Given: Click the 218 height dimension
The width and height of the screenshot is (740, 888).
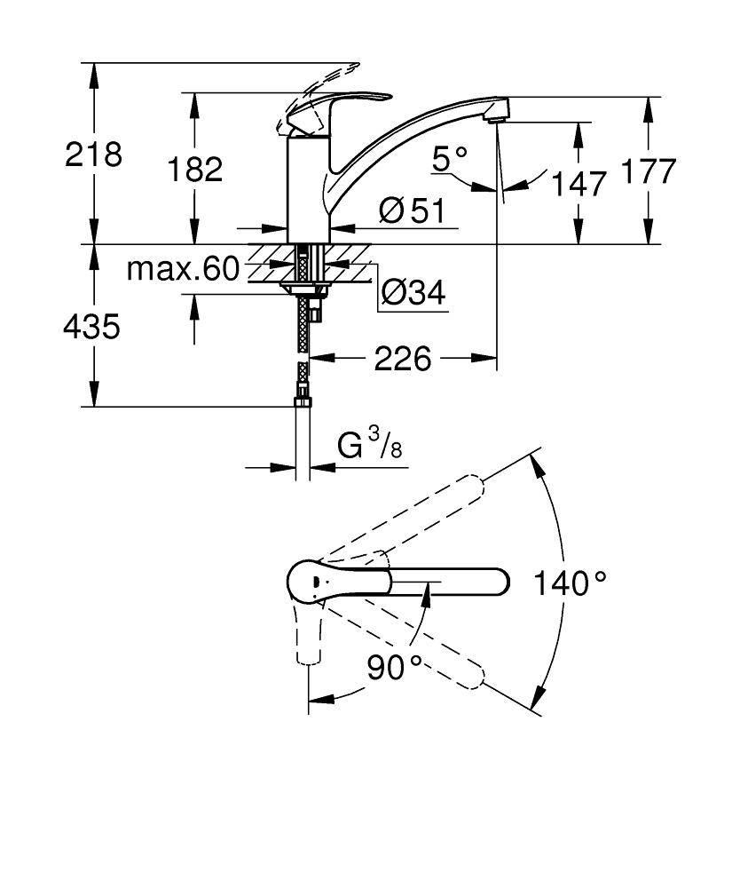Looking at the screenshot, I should pyautogui.click(x=93, y=155).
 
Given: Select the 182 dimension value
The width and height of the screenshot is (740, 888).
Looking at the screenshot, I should pyautogui.click(x=194, y=169).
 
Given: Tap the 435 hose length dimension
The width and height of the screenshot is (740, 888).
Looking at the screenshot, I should pyautogui.click(x=91, y=327).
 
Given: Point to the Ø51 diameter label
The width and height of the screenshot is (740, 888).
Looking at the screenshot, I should pyautogui.click(x=411, y=210).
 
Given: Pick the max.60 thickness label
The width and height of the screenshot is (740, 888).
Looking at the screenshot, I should pyautogui.click(x=183, y=268).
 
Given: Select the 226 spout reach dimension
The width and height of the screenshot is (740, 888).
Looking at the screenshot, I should pyautogui.click(x=402, y=359).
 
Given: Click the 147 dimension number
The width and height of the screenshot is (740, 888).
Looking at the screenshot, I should pyautogui.click(x=579, y=185).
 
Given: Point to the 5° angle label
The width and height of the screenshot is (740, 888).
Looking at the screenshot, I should pyautogui.click(x=450, y=159).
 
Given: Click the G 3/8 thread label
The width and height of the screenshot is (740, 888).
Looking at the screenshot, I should pyautogui.click(x=370, y=444).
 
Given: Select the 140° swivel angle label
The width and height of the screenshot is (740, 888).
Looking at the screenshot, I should pyautogui.click(x=570, y=583).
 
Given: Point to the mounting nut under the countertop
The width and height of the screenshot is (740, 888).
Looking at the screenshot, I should pyautogui.click(x=303, y=288).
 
